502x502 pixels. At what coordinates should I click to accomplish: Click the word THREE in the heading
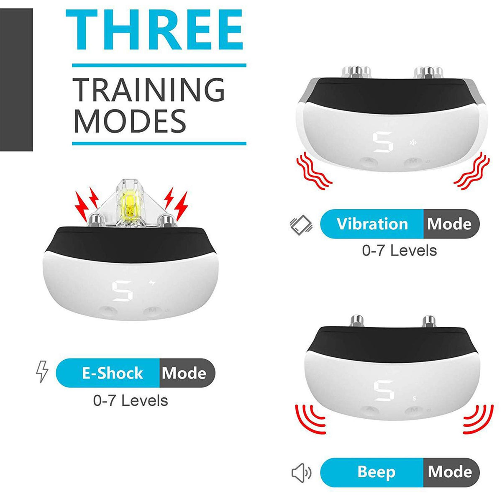point(154,29)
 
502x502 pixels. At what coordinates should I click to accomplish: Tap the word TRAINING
point(149,90)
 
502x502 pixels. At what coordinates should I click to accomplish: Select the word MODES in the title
point(130,121)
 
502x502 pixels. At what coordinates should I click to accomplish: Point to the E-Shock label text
point(113,373)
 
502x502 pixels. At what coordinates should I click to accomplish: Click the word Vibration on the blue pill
point(372,224)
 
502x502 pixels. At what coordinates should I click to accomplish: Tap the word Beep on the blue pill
point(376,472)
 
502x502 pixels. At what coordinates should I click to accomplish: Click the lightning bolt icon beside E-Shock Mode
point(42,371)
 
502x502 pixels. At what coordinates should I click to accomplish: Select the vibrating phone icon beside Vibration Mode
point(301,224)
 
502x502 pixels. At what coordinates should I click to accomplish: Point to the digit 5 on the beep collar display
point(384,390)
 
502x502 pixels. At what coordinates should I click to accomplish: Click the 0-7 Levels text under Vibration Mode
point(400,250)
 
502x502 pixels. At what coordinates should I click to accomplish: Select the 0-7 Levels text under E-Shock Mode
point(131,400)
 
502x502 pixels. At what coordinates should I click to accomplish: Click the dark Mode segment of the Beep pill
point(451,472)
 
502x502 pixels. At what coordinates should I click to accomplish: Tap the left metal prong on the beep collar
point(357,321)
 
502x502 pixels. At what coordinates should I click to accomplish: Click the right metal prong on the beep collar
point(429,321)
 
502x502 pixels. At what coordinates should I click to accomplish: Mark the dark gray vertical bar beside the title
point(16,80)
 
